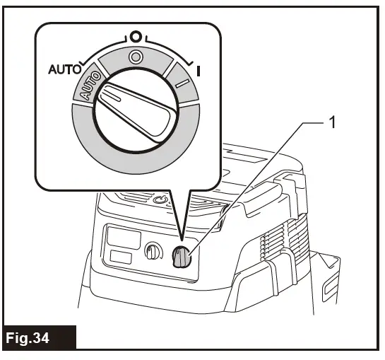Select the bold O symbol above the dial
pos(134,35)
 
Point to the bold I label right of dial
pos(199,71)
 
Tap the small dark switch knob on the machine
pos(182,259)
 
